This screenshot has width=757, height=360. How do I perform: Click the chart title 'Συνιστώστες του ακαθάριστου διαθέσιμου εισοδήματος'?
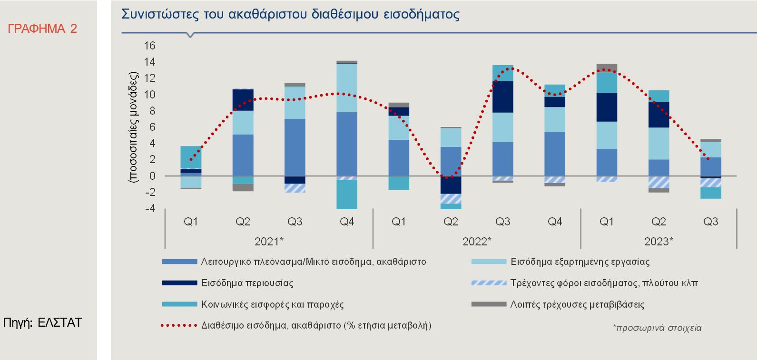(290, 14)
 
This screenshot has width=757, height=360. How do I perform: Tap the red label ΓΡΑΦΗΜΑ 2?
(42, 29)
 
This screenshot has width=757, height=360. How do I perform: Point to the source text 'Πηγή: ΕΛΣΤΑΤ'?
(42, 322)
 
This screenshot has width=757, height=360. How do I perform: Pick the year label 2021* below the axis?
(269, 242)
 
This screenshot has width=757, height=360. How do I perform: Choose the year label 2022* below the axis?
(477, 242)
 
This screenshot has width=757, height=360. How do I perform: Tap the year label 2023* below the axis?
(659, 242)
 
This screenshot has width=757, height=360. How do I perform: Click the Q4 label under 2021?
(347, 222)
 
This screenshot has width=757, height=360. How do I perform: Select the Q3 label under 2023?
(710, 222)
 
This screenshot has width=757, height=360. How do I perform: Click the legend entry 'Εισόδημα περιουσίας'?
(247, 283)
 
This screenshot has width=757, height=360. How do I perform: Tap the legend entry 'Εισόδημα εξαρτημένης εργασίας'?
(580, 262)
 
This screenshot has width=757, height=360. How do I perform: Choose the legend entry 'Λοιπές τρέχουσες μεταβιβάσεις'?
(577, 304)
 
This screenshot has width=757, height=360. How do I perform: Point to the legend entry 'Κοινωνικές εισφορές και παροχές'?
(272, 304)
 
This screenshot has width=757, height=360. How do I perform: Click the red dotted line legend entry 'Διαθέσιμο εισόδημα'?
(316, 326)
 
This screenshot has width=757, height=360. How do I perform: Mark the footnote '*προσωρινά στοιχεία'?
(657, 328)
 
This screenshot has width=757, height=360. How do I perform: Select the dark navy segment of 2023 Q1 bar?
(606, 107)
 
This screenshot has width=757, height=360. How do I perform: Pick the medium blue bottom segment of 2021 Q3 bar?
(295, 147)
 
